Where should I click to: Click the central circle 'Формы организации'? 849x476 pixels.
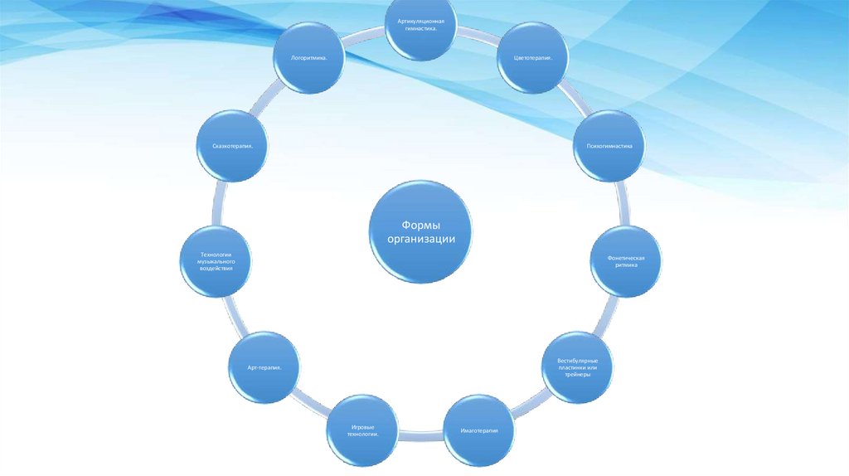click(420, 231)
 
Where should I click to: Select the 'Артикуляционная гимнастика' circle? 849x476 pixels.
click(420, 25)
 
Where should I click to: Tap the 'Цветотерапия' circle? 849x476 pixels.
click(533, 57)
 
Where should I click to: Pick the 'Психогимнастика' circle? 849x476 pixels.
click(609, 146)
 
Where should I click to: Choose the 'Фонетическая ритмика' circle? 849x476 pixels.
click(626, 261)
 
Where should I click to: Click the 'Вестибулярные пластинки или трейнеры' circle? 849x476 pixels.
click(578, 367)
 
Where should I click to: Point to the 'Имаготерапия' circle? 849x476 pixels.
click(479, 430)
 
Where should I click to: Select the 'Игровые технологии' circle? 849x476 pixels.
click(362, 430)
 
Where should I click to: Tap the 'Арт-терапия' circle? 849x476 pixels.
click(264, 367)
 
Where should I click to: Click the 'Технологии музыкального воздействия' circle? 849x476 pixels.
click(216, 261)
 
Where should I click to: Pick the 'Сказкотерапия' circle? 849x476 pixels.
click(233, 146)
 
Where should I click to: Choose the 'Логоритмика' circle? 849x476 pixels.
click(309, 57)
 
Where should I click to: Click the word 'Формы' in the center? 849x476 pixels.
click(420, 225)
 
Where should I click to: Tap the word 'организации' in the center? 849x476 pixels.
click(420, 239)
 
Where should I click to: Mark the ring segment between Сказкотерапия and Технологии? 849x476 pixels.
click(219, 204)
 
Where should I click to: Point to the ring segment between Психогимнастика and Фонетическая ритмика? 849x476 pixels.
click(623, 204)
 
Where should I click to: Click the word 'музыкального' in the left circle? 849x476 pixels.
click(216, 261)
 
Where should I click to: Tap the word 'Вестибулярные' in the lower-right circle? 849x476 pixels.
click(578, 361)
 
